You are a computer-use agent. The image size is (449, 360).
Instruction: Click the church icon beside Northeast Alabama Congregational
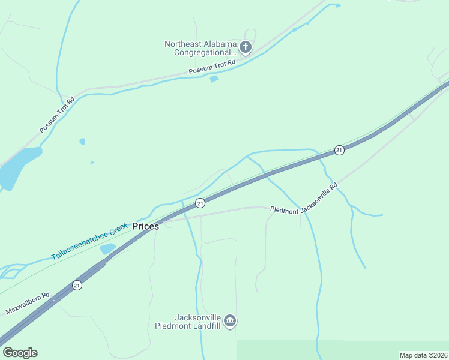pyautogui.click(x=245, y=47)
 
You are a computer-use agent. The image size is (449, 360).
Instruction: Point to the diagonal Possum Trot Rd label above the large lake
pyautogui.click(x=56, y=115)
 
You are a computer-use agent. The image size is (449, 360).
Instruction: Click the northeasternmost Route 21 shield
pyautogui.click(x=339, y=150)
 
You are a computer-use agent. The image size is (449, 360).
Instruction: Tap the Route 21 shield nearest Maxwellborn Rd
pyautogui.click(x=77, y=286)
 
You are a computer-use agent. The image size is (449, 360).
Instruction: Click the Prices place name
pyautogui.click(x=145, y=226)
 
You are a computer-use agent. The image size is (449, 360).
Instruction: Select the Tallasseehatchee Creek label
pyautogui.click(x=89, y=241)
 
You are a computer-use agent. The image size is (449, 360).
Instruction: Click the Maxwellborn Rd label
pyautogui.click(x=27, y=304)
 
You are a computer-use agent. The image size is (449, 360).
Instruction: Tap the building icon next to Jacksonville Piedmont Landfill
pyautogui.click(x=230, y=322)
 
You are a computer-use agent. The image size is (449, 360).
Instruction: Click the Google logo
pyautogui.click(x=20, y=353)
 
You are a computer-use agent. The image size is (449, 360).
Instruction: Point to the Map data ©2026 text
pyautogui.click(x=423, y=355)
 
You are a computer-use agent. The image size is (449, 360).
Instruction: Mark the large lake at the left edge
pyautogui.click(x=18, y=165)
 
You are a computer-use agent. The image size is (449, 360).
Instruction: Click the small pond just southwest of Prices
pyautogui.click(x=107, y=248)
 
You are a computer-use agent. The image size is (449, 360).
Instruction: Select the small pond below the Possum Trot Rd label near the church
pyautogui.click(x=214, y=79)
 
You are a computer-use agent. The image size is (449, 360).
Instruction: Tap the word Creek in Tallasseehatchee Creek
pyautogui.click(x=118, y=229)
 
